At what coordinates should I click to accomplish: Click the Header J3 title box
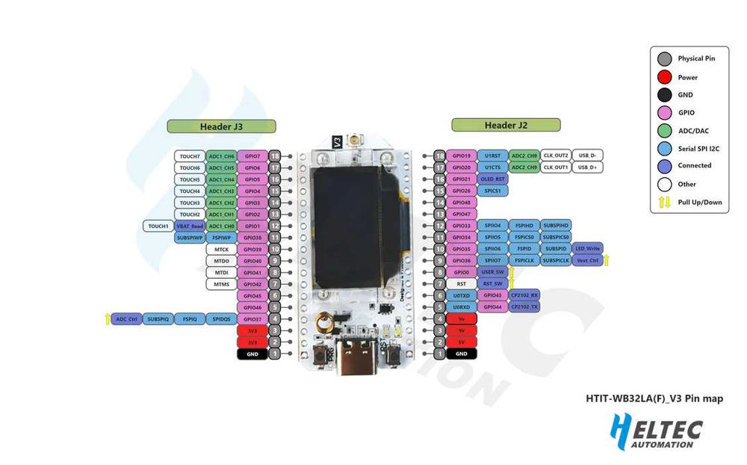click(x=221, y=126)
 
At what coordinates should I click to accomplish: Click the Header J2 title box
click(x=505, y=125)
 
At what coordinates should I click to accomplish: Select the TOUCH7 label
click(x=190, y=156)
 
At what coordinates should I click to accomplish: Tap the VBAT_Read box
click(x=189, y=226)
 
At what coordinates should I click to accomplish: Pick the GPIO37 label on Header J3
click(x=252, y=318)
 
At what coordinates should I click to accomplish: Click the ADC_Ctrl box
click(x=126, y=318)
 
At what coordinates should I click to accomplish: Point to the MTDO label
click(x=221, y=261)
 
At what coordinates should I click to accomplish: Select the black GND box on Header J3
click(x=252, y=354)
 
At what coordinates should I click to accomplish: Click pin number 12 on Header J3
click(x=276, y=226)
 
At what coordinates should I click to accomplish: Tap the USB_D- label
click(x=588, y=155)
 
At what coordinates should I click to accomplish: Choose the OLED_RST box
click(x=492, y=179)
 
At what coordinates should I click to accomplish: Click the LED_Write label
click(x=588, y=248)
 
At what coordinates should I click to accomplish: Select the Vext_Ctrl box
click(x=588, y=260)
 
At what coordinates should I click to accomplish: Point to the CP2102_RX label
click(x=524, y=295)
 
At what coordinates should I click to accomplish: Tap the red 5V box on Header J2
click(x=462, y=342)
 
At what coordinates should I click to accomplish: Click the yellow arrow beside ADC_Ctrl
click(x=108, y=318)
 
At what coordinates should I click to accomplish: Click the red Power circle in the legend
click(x=664, y=77)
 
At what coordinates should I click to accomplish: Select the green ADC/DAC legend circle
click(x=664, y=130)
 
